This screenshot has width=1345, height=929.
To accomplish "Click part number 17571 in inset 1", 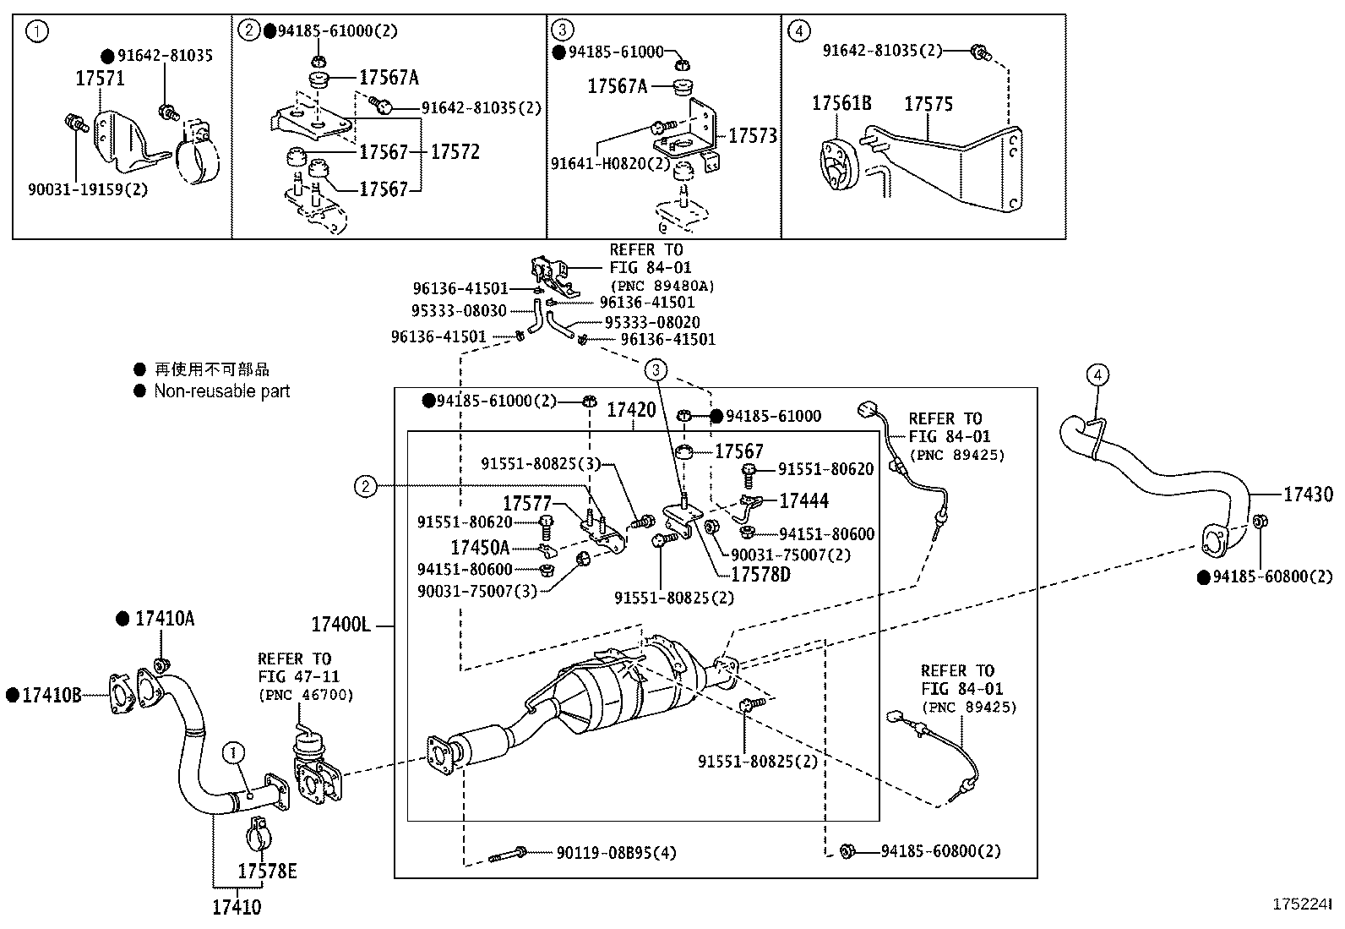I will [100, 78].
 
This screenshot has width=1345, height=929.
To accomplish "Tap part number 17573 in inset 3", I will [753, 136].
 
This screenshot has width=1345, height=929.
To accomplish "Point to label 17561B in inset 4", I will [841, 104].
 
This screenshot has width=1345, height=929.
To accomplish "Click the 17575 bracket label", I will [928, 104].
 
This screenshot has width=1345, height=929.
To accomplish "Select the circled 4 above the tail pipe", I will [1097, 374].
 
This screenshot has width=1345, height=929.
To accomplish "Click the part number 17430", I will [1308, 495].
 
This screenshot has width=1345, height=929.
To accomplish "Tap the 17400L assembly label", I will [340, 625].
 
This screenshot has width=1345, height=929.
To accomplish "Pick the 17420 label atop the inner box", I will [631, 411].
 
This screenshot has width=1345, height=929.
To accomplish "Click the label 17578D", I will [760, 575].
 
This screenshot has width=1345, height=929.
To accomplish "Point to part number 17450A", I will [480, 548].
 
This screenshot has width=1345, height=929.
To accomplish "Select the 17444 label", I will [803, 501].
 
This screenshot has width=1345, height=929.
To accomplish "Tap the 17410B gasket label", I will [52, 695].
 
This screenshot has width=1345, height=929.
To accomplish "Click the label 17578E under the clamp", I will [267, 872].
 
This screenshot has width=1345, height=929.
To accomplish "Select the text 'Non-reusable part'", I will [221, 391].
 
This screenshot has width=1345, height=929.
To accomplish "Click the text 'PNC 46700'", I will [306, 695].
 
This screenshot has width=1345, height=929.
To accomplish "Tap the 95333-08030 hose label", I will [460, 311].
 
